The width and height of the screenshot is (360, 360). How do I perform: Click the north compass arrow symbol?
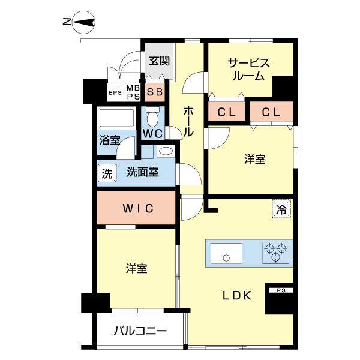(x=83, y=23)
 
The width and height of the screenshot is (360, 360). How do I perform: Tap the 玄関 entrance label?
(x=160, y=61)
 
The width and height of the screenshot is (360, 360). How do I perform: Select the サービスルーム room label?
(x=248, y=69)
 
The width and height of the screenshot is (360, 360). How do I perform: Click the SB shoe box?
(x=154, y=92)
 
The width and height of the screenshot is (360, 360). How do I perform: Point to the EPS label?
(x=115, y=92)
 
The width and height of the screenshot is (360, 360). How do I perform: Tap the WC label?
(x=152, y=133)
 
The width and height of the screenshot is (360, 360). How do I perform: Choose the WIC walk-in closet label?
(x=139, y=209)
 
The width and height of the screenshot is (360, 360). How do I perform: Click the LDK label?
(x=237, y=296)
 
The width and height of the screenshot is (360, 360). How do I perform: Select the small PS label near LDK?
(x=281, y=290)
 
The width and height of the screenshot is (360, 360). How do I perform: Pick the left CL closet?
(x=226, y=112)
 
